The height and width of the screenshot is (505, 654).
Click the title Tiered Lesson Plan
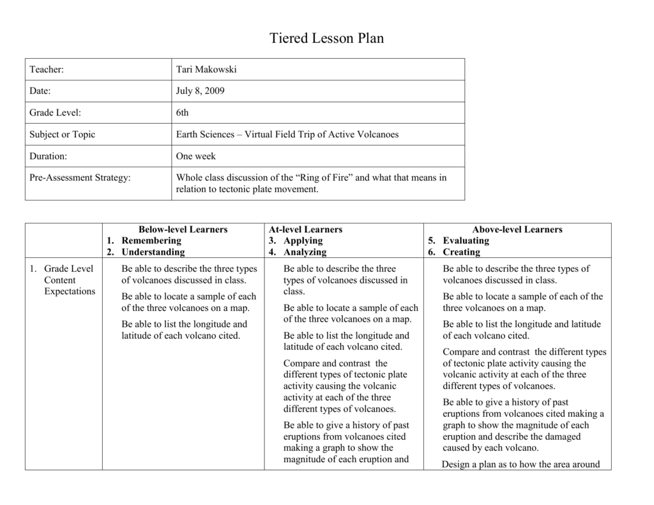coord(326,38)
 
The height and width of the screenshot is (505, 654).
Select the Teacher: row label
coord(47,70)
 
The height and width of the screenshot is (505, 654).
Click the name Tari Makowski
coord(206,70)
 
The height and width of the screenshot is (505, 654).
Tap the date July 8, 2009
coord(200,91)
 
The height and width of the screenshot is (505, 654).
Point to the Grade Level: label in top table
coord(55,113)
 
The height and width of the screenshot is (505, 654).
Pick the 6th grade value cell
coord(183,113)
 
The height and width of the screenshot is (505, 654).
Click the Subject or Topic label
coord(62,135)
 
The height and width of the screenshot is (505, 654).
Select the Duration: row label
coord(48,156)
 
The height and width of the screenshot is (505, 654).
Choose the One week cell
coord(196,156)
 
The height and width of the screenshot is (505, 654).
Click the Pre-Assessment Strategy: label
coord(80,178)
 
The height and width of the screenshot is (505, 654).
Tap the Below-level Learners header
coord(183,229)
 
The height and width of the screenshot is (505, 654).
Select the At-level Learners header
coord(305,229)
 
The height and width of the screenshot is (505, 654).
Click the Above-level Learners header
coord(517,229)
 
